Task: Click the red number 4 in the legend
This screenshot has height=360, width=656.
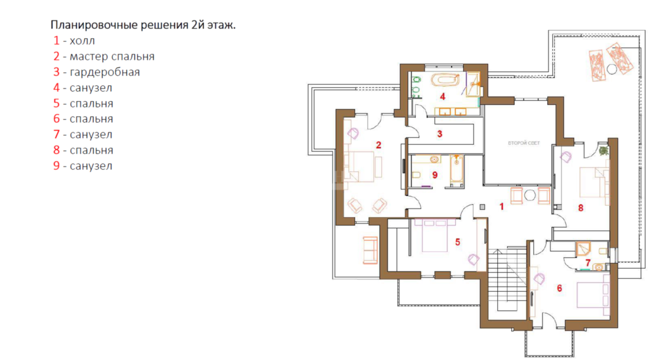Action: click(x=56, y=88)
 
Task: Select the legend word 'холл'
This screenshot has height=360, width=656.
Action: click(x=83, y=41)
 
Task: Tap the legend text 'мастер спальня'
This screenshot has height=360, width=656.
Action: click(x=112, y=56)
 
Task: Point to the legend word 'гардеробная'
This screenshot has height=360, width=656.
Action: click(x=104, y=72)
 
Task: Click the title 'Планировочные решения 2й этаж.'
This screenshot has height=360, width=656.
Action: click(x=143, y=25)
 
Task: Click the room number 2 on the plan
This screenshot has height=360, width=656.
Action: click(x=379, y=145)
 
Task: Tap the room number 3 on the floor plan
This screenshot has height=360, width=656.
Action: click(x=440, y=134)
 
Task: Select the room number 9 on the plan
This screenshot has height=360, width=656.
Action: click(x=435, y=175)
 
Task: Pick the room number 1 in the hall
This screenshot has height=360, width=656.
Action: click(x=502, y=206)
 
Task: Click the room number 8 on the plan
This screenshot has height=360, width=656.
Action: click(x=581, y=207)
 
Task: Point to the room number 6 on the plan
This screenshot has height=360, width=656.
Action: click(x=560, y=288)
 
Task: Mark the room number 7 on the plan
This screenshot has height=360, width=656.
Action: click(x=588, y=262)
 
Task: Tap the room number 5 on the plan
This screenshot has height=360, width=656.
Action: click(x=458, y=242)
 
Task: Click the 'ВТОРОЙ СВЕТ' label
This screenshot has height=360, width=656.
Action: click(x=523, y=143)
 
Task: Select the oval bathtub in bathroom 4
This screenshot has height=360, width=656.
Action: click(x=445, y=79)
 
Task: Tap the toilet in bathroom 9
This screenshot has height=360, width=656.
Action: click(x=416, y=175)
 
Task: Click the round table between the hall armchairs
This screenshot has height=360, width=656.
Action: click(x=530, y=195)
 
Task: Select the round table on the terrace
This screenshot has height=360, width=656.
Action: click(x=612, y=70)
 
